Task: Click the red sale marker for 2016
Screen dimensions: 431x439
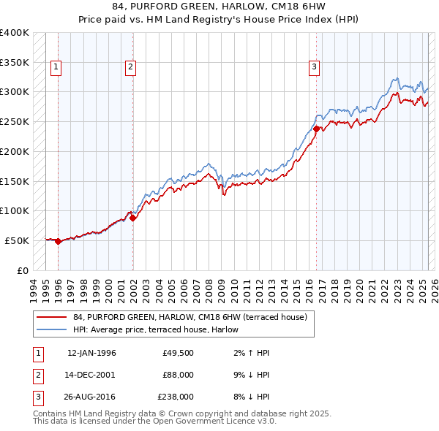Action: [316, 129]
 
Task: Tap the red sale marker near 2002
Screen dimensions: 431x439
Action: [132, 217]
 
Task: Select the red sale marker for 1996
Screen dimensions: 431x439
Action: [58, 241]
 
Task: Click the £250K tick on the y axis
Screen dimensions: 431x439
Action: [15, 121]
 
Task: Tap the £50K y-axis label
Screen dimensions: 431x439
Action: [18, 240]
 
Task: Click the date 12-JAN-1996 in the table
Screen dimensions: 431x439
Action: [91, 353]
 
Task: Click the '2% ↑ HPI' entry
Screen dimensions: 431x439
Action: [249, 353]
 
